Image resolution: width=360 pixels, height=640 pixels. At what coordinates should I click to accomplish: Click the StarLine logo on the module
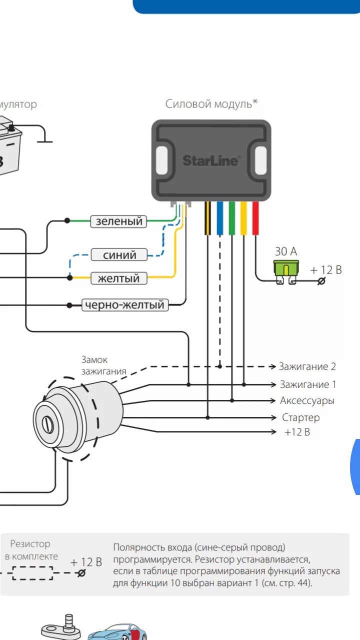pyautogui.click(x=210, y=160)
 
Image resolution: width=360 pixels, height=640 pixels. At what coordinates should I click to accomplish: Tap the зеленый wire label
pyautogui.click(x=118, y=221)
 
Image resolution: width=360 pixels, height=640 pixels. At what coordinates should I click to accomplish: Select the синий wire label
pyautogui.click(x=119, y=255)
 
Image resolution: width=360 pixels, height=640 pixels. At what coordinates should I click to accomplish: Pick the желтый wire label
pyautogui.click(x=118, y=278)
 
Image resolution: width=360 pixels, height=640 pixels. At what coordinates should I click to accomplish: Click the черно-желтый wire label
pyautogui.click(x=125, y=304)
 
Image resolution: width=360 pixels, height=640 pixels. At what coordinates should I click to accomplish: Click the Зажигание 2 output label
pyautogui.click(x=307, y=366)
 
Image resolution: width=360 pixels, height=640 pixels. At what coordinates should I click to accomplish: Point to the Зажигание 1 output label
pyautogui.click(x=308, y=384)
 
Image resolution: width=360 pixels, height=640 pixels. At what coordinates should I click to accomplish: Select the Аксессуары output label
pyautogui.click(x=307, y=401)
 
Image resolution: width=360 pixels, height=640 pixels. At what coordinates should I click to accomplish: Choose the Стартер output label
pyautogui.click(x=300, y=417)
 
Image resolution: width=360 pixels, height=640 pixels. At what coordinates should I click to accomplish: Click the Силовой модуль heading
pyautogui.click(x=211, y=104)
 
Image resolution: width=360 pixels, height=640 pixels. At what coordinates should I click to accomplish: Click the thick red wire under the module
pyautogui.click(x=255, y=218)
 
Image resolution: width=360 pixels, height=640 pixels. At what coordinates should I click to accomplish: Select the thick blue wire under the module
pyautogui.click(x=220, y=218)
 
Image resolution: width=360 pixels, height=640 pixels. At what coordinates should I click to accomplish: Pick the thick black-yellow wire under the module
pyautogui.click(x=207, y=218)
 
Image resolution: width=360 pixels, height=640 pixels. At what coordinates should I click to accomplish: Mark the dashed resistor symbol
pyautogui.click(x=33, y=572)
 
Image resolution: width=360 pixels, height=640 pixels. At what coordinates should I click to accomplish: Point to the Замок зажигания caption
pyautogui.click(x=103, y=365)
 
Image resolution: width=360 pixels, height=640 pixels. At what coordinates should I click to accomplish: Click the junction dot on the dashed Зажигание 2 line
pyautogui.click(x=220, y=366)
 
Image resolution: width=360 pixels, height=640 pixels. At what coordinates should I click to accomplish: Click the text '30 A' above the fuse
pyautogui.click(x=286, y=251)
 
